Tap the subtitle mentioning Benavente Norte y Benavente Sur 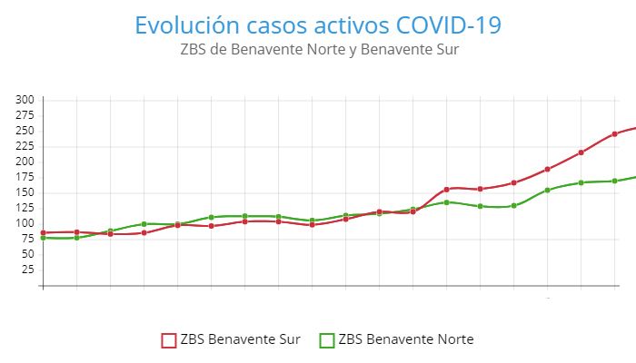[319, 49]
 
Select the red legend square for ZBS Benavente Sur [168, 340]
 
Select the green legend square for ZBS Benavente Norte [326, 340]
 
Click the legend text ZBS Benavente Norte [405, 340]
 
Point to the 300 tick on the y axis [25, 100]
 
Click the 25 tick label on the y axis [27, 270]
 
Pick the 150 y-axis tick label [25, 192]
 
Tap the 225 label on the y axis [25, 146]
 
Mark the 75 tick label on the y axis [27, 239]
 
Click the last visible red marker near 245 [615, 133]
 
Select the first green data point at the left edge [43, 238]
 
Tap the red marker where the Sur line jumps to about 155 [446, 190]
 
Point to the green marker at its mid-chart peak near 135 [446, 201]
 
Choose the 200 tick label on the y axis [25, 162]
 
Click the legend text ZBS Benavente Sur [240, 340]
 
